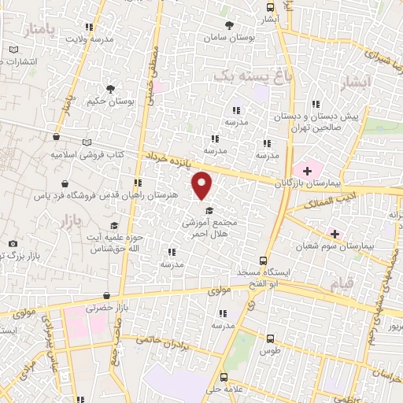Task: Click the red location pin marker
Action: (203, 184)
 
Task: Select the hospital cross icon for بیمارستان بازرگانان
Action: (307, 171)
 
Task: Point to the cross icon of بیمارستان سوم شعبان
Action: (335, 234)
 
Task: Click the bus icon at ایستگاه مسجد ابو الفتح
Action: (263, 261)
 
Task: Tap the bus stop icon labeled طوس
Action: (271, 334)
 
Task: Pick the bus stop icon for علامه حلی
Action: (224, 376)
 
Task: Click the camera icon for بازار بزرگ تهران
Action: (13, 244)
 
